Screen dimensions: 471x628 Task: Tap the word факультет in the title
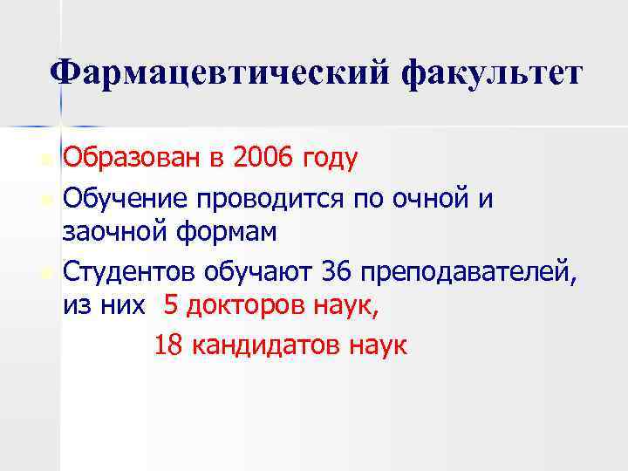pos(489,72)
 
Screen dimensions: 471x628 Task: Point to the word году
pos(329,160)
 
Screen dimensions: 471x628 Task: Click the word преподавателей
pos(470,273)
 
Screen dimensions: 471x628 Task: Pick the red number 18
pos(169,345)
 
